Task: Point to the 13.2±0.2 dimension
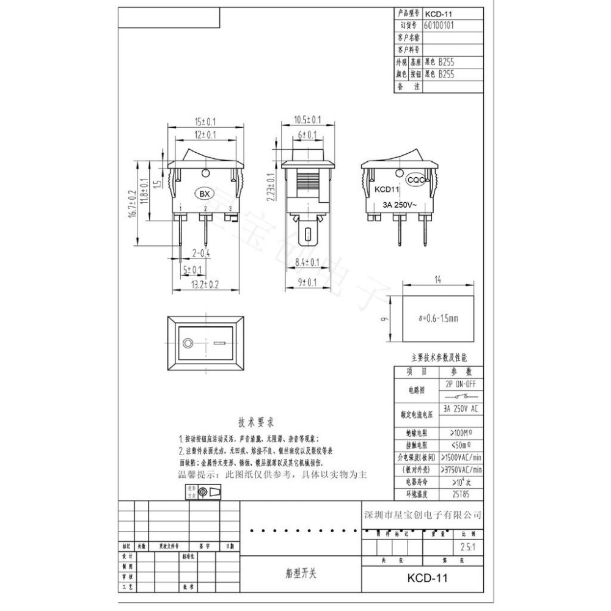[x=206, y=284]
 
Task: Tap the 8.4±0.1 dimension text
[x=307, y=262]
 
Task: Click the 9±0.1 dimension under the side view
[x=307, y=282]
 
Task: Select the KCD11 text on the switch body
[x=386, y=189]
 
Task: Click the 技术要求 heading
[x=255, y=422]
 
